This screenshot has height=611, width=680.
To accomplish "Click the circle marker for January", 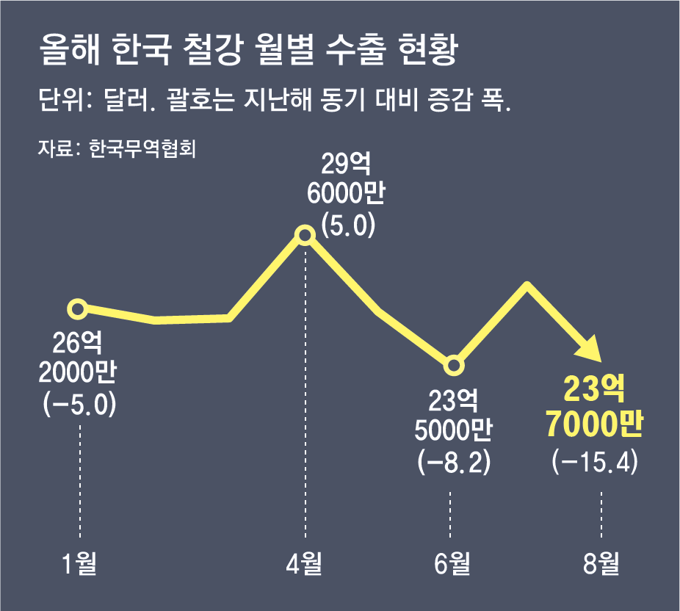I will (x=78, y=309).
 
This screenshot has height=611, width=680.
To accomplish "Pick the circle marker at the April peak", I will (x=305, y=235).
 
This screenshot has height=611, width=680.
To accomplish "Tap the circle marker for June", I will (x=453, y=365).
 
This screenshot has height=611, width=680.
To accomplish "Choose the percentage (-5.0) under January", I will (x=80, y=404).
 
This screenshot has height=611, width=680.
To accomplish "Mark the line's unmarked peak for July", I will (x=527, y=283).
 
